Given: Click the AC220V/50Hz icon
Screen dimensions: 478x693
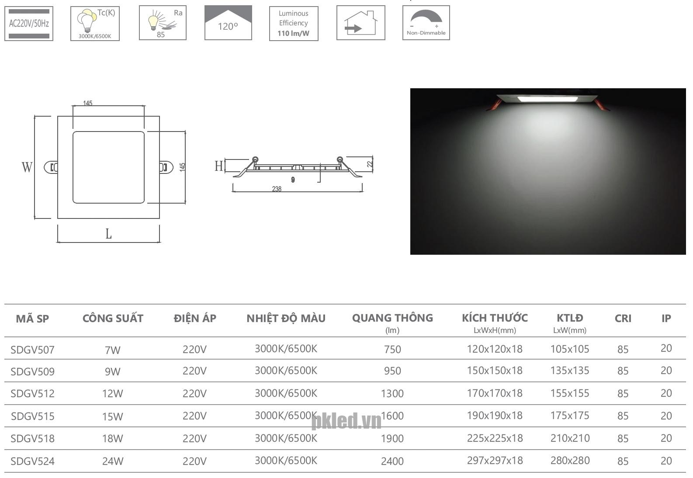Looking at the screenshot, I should [x=29, y=24].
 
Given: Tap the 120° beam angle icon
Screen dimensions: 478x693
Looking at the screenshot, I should [x=228, y=23].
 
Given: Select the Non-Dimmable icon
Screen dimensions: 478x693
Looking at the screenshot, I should [x=426, y=23].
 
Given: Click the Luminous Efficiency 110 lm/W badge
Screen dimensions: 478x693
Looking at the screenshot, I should [x=294, y=24].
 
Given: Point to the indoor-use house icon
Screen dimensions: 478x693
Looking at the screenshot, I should [x=361, y=23].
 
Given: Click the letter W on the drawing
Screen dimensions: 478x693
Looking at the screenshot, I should [x=27, y=167].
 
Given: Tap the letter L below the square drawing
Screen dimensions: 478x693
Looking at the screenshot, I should [x=108, y=234].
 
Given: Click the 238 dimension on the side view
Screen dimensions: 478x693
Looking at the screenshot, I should [x=277, y=189].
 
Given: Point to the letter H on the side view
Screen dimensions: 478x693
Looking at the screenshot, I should [x=218, y=166].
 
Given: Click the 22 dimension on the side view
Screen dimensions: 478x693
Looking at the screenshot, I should [x=370, y=165].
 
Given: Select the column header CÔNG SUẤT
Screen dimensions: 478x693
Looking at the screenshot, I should [x=113, y=319].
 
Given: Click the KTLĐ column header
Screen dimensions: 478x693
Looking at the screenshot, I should [x=570, y=318].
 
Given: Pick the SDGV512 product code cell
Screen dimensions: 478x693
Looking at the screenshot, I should [x=33, y=394].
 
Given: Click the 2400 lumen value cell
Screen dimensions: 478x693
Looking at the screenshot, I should [x=392, y=461].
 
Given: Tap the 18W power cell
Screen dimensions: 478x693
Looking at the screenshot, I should [x=112, y=438].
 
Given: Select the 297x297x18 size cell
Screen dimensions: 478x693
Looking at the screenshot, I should [x=495, y=461].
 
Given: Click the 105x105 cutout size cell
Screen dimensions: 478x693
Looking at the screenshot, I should [x=570, y=349].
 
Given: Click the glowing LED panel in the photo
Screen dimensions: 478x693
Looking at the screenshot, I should [x=547, y=99].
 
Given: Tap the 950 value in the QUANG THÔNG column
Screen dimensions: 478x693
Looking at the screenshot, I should [x=392, y=371].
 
